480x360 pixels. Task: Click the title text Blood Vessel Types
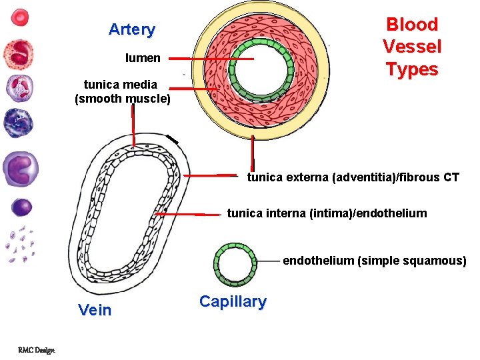point(412,47)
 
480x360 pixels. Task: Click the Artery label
point(132,29)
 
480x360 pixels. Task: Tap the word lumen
point(143,58)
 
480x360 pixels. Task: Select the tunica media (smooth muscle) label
point(123,92)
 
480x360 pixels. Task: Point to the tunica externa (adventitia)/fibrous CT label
point(353,177)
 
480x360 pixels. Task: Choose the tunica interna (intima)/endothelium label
point(327,213)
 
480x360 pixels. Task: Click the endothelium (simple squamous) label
point(374,261)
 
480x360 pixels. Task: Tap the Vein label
point(95,310)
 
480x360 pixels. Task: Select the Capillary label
point(233,301)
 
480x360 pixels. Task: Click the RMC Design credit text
point(36,349)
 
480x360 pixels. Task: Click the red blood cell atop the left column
point(21,18)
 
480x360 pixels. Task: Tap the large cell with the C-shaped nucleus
point(21,169)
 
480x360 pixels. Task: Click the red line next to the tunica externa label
point(209,176)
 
